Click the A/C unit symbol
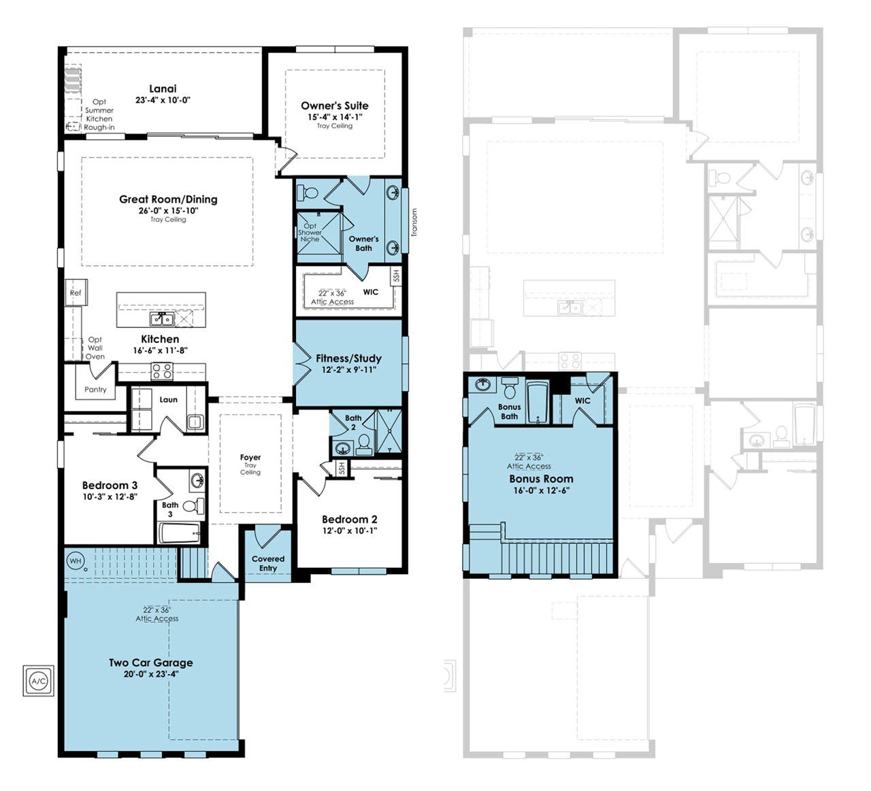tap(39, 680)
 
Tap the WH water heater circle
tap(76, 560)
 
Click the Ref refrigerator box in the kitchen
tap(76, 292)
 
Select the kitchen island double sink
tap(162, 319)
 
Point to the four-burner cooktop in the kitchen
tap(162, 371)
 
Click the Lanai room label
tap(163, 88)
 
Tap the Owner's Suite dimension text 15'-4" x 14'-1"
tap(335, 117)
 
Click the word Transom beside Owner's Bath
tap(414, 222)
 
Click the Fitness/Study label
tap(348, 358)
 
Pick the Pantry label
tap(95, 390)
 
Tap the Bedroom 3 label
tap(110, 485)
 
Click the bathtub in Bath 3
tap(180, 533)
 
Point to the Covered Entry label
tap(268, 563)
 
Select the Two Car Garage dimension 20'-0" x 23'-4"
tap(150, 674)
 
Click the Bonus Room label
tap(541, 478)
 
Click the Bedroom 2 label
tap(350, 519)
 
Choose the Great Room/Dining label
tap(168, 199)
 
